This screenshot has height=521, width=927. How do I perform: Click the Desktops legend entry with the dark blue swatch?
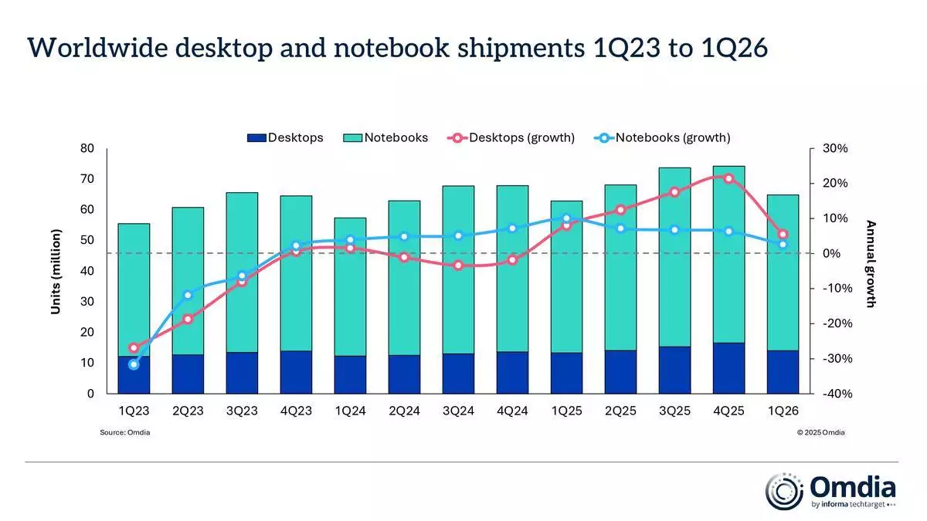(x=285, y=138)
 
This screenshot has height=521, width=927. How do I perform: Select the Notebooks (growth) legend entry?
(x=662, y=138)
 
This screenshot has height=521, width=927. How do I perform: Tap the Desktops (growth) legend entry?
(x=511, y=138)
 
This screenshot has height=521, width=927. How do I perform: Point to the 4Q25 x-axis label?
(x=728, y=411)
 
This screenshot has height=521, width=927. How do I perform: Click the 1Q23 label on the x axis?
(x=134, y=411)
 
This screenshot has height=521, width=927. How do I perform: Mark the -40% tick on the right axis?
(x=834, y=394)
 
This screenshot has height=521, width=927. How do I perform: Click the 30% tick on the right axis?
(x=834, y=148)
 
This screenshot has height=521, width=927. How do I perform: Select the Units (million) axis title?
(x=56, y=271)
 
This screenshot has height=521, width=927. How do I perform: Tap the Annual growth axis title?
(x=871, y=264)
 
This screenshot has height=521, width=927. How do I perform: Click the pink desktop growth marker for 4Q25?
(x=728, y=178)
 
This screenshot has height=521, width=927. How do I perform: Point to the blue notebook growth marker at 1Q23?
(x=134, y=364)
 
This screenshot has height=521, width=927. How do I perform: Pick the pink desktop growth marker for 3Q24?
(x=458, y=266)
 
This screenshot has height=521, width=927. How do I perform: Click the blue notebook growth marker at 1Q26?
(x=783, y=244)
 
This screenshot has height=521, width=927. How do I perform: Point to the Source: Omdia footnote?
(x=124, y=432)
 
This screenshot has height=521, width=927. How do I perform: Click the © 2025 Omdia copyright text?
(x=820, y=432)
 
